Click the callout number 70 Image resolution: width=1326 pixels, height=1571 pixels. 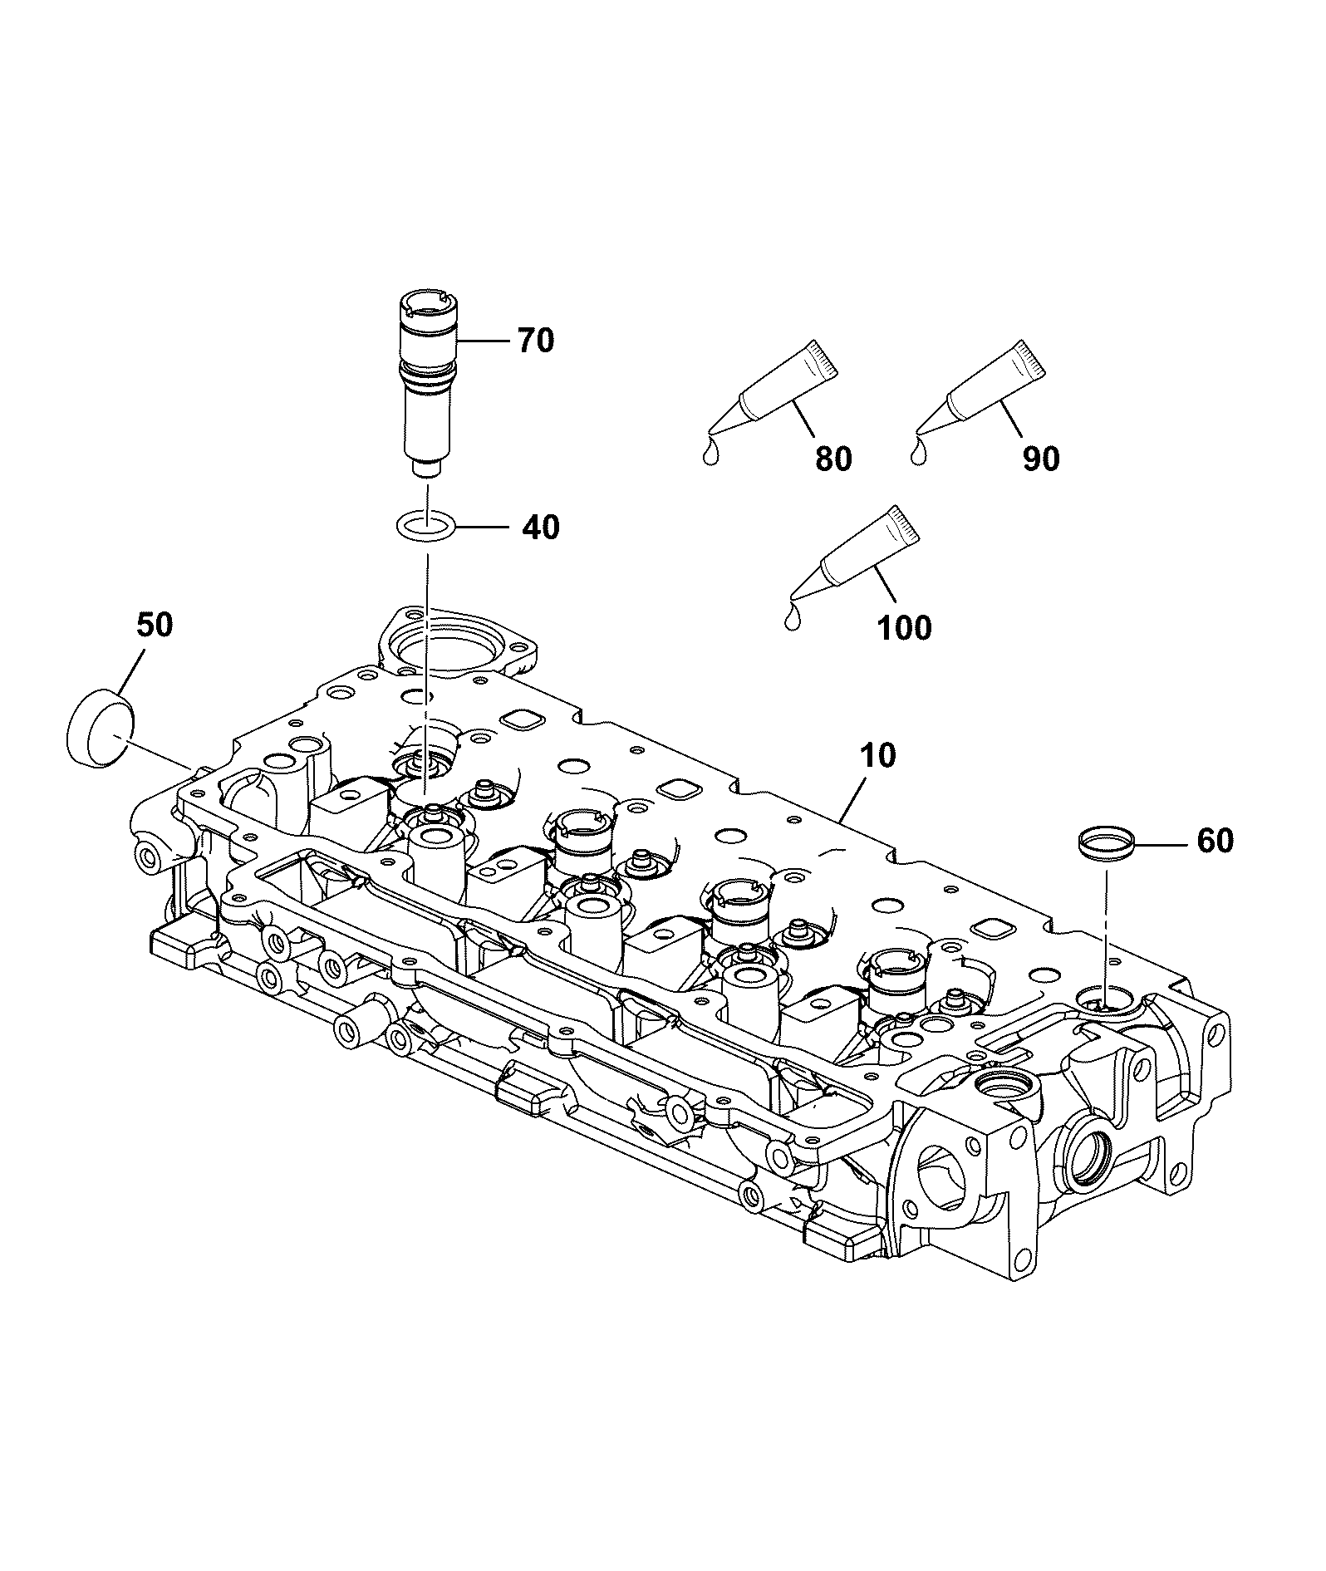click(536, 341)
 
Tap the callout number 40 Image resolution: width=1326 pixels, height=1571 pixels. click(541, 527)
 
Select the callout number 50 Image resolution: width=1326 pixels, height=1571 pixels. click(155, 625)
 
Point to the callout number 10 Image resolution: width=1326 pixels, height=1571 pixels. click(878, 755)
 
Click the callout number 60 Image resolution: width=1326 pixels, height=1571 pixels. click(1215, 841)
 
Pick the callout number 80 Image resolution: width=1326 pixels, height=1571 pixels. click(833, 459)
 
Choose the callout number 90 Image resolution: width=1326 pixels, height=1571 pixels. click(1041, 459)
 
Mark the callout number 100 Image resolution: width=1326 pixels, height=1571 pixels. click(905, 627)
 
